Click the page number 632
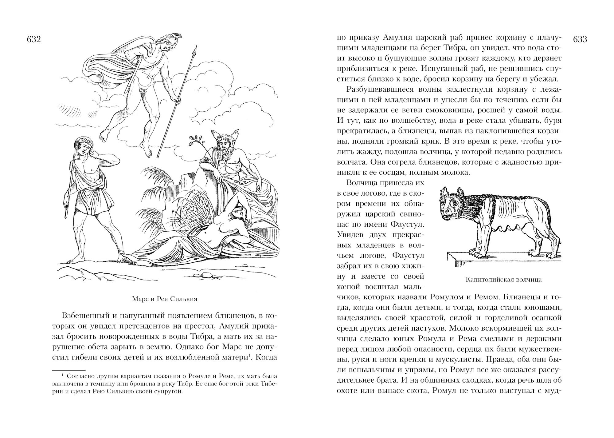coord(34,40)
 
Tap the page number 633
coord(580,40)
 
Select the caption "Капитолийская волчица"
coord(503,280)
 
